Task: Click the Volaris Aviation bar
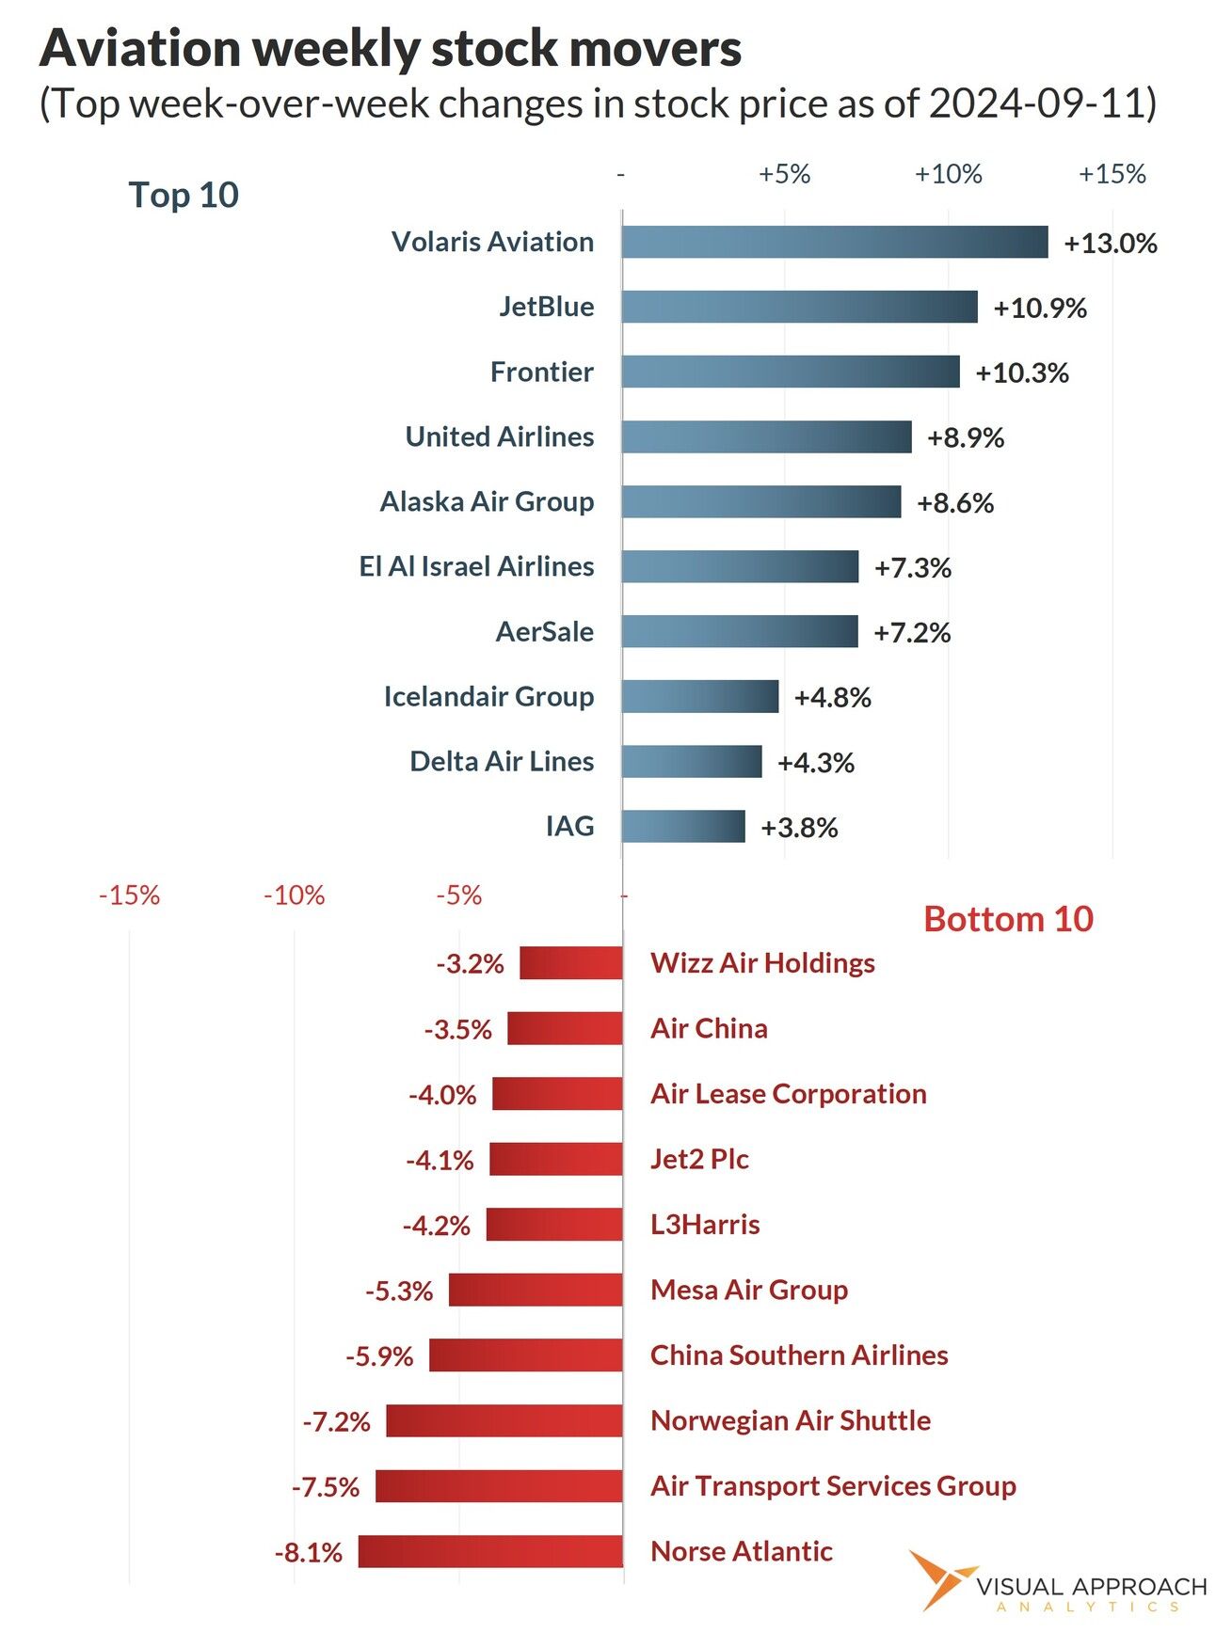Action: (834, 242)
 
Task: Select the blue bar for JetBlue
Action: (799, 307)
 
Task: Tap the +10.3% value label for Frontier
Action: (1022, 372)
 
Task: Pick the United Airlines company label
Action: (499, 436)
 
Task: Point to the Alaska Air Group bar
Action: (760, 501)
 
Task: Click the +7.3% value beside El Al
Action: (912, 567)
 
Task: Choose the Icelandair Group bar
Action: (699, 696)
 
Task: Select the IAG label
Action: (569, 826)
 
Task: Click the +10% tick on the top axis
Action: (948, 174)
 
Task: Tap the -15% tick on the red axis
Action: (129, 895)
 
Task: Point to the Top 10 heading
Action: (184, 195)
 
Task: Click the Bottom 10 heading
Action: (1008, 919)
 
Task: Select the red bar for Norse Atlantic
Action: (490, 1551)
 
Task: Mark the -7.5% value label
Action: (326, 1487)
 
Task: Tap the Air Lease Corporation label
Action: (788, 1094)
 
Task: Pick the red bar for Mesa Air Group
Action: (535, 1290)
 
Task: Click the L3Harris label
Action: (705, 1225)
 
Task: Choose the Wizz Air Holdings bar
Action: (570, 963)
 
